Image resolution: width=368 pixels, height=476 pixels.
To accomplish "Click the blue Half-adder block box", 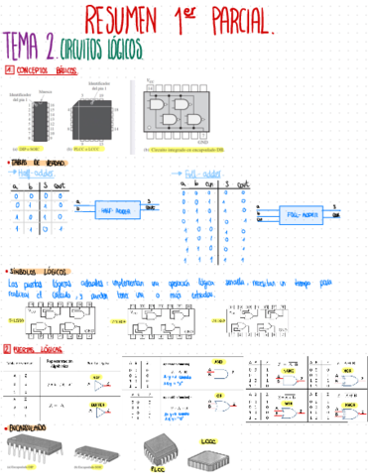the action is click(118, 209).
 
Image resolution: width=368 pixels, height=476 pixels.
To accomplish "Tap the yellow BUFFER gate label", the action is click(98, 405).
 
